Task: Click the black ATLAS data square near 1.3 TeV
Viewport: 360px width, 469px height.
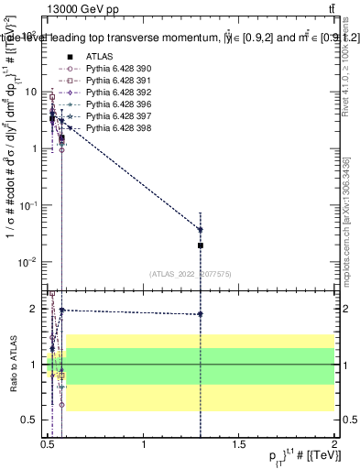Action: pos(201,245)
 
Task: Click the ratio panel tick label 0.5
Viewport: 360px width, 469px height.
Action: pos(29,420)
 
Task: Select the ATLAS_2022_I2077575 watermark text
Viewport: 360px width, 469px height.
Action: pos(190,274)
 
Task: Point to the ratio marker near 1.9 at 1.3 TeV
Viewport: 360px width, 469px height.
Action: pos(201,314)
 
